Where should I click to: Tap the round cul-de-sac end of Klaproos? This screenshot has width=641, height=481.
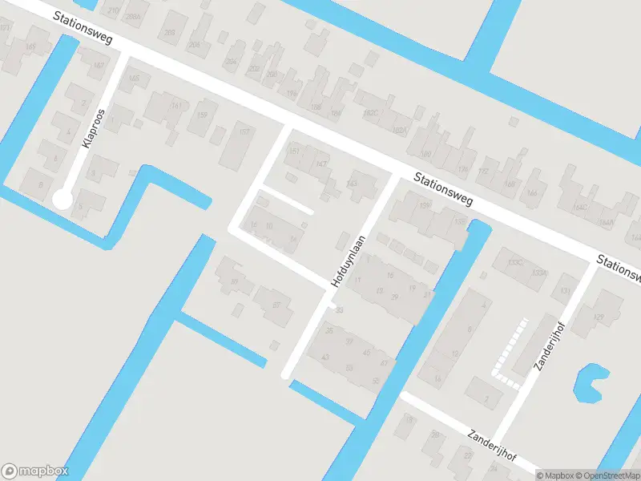62,198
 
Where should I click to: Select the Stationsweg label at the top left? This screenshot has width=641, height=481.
83,28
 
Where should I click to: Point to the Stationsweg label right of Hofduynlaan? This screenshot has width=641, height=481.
444,189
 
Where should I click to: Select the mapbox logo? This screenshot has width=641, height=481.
35,471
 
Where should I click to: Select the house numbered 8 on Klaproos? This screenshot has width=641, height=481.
36,183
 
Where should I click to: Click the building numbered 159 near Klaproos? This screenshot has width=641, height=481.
202,116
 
